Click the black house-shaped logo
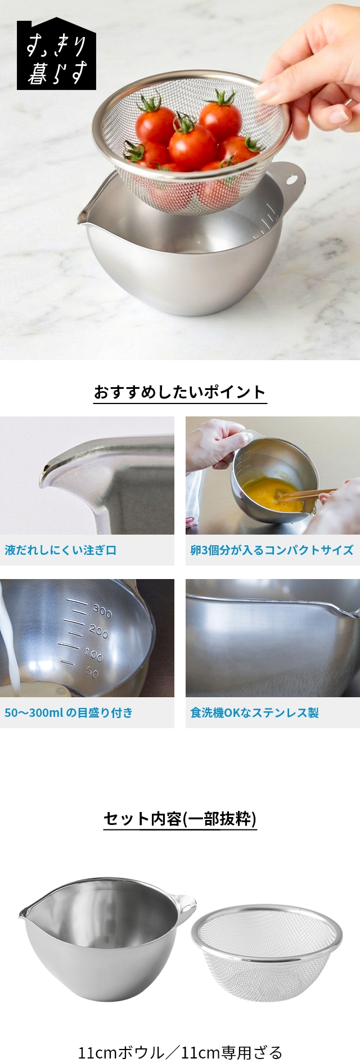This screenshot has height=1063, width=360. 56,56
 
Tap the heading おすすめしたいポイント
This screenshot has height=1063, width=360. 179,392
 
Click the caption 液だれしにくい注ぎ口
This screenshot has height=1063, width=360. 61,550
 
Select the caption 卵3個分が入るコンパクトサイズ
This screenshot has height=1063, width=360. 272,550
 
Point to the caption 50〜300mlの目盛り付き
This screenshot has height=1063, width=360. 69,712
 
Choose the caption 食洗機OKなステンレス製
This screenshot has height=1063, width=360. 254,712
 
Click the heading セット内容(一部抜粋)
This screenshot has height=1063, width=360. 180,819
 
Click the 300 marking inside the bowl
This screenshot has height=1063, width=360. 102,610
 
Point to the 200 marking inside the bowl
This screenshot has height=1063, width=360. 98,631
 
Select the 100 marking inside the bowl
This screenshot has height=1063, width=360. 93,653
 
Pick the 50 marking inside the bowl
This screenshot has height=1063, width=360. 92,672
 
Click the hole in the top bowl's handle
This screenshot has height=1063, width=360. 291,179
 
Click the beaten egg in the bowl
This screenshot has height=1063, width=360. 270,493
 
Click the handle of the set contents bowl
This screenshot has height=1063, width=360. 186,904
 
